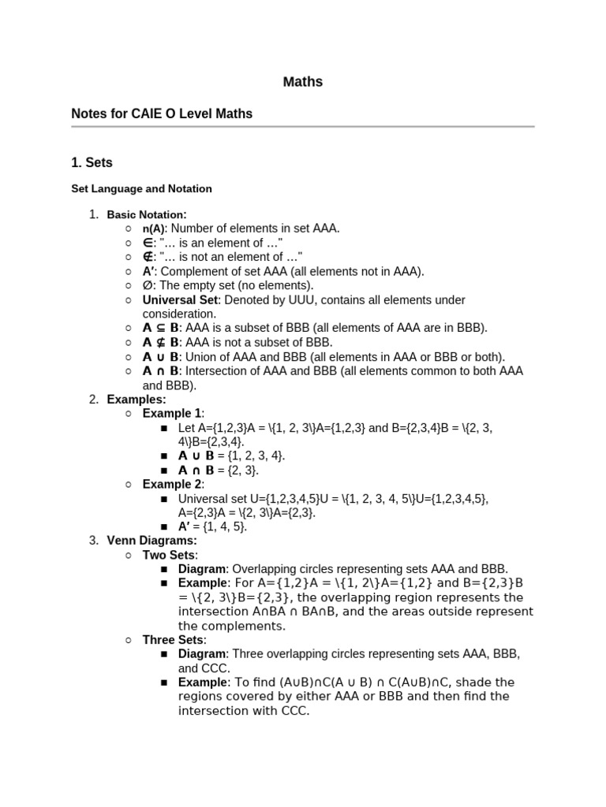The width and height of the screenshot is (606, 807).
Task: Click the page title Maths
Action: (x=303, y=82)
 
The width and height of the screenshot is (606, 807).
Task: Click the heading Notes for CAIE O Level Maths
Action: (x=162, y=113)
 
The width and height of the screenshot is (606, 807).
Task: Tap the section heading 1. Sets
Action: (x=92, y=163)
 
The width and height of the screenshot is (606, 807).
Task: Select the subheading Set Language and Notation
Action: (x=141, y=189)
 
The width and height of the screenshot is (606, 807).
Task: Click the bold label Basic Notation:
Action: (x=147, y=214)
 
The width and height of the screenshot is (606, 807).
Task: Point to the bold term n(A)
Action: (x=155, y=229)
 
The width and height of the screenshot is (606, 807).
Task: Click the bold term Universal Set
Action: (x=181, y=300)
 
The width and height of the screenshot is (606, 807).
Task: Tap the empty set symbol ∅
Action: (x=148, y=285)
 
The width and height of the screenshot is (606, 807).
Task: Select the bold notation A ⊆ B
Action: (x=161, y=328)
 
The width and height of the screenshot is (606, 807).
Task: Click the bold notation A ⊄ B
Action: (x=161, y=342)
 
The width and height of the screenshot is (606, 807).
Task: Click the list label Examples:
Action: (x=137, y=400)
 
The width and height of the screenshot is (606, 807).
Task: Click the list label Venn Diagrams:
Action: (x=152, y=541)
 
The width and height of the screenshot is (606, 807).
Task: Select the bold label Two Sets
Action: (x=168, y=555)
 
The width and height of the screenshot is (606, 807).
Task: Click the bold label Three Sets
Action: (x=173, y=640)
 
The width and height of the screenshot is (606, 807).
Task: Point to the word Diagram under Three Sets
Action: (x=203, y=654)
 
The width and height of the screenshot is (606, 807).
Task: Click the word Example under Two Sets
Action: (x=202, y=583)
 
